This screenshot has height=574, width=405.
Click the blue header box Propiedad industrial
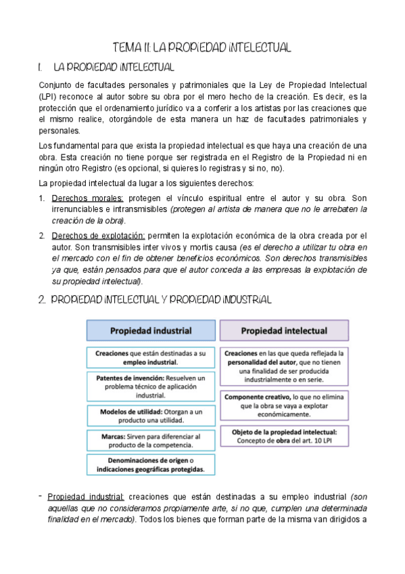click(x=151, y=331)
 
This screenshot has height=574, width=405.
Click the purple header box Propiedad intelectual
click(x=284, y=331)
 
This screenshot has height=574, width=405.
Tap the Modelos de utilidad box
click(x=151, y=416)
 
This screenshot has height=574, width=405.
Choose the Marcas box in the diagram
click(x=151, y=441)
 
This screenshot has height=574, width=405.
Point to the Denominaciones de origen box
click(x=151, y=464)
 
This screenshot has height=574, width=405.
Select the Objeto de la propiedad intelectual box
click(x=284, y=435)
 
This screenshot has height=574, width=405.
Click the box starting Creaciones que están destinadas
click(x=151, y=357)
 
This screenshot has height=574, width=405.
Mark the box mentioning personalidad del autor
click(x=284, y=366)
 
